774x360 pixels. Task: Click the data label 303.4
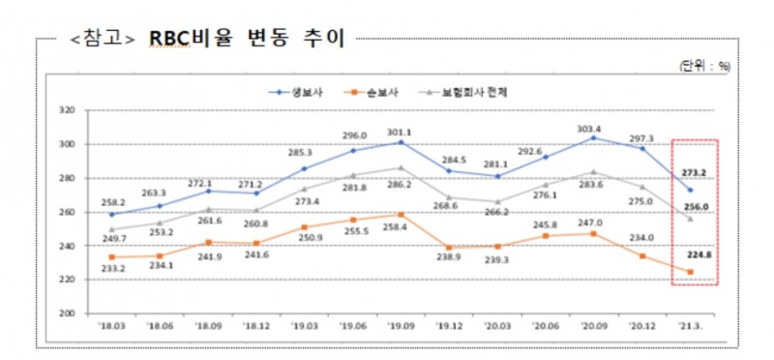click(x=588, y=129)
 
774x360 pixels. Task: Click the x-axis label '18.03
click(x=112, y=326)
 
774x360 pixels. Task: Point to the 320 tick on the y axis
click(x=66, y=110)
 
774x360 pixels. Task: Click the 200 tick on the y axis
click(x=66, y=314)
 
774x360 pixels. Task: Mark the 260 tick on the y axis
click(x=66, y=212)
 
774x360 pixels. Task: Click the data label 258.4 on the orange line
click(x=397, y=227)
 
